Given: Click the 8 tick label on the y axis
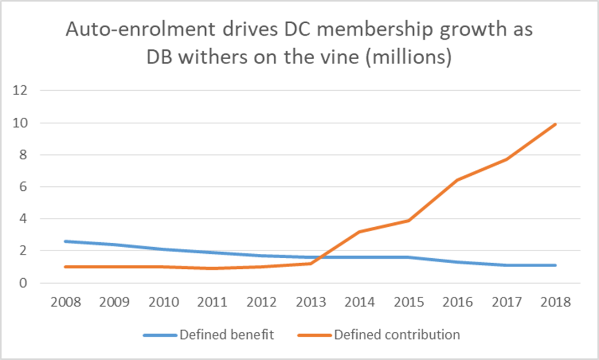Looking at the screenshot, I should tap(23, 155).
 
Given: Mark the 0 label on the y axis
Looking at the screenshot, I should tap(23, 283).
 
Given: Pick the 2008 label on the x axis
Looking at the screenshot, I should tap(66, 302).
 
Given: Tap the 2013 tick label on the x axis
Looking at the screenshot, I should tap(311, 302).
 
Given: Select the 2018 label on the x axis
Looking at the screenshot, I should tap(556, 302).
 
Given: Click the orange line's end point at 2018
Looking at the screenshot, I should tap(556, 124).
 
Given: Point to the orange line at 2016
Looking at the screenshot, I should tap(458, 180).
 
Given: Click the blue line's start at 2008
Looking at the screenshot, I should tap(66, 241).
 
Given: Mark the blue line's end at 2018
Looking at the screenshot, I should tap(556, 265).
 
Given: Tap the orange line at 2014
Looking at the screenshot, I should tap(360, 232).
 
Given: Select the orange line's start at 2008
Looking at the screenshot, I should tap(66, 267).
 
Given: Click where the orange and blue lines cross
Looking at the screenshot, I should tap(320, 257).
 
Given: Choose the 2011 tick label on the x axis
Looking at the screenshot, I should tap(213, 302).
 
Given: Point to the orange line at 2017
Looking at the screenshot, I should tap(507, 159).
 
